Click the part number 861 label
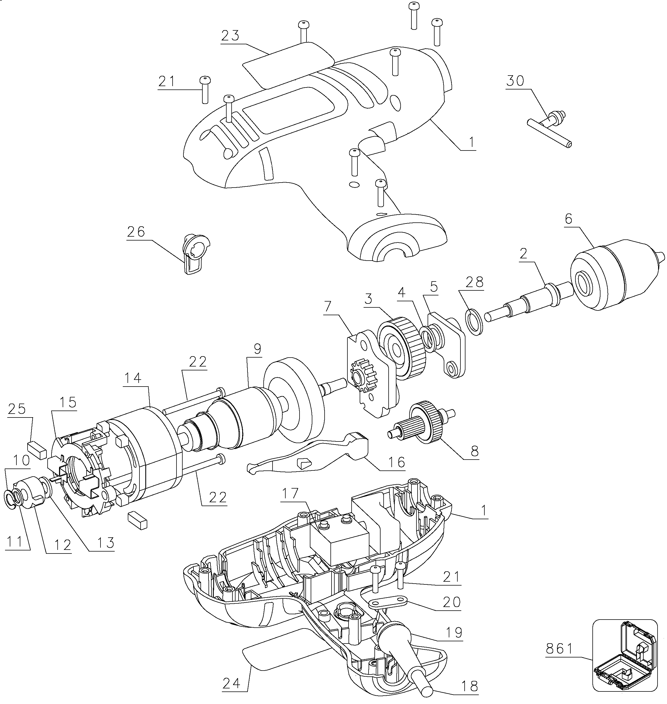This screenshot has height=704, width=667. [x=560, y=650]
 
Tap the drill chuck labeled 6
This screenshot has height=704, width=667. [x=617, y=277]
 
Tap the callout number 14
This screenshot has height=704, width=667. [x=132, y=378]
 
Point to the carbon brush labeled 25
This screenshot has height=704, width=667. [x=37, y=450]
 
